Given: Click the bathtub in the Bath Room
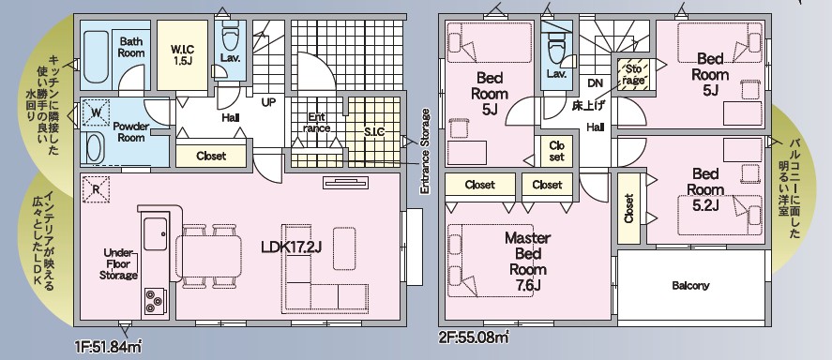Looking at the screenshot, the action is [x=96, y=57].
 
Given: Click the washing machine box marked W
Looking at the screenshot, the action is [x=97, y=112].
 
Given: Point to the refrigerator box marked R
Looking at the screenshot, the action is [x=97, y=189].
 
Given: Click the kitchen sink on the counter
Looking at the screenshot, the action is [x=156, y=233].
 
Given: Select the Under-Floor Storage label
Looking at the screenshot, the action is [x=119, y=263].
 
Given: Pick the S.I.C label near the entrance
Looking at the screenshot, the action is [x=374, y=132].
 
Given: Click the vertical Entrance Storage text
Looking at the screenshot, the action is [x=425, y=152].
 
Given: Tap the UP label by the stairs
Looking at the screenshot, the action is [x=268, y=102].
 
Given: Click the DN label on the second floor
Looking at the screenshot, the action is [x=595, y=83].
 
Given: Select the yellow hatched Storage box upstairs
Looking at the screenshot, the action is [x=633, y=74].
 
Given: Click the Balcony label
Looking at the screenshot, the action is [x=690, y=286].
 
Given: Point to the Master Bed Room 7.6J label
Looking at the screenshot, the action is [x=527, y=262].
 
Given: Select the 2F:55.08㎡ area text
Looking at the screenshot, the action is [x=473, y=337].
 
